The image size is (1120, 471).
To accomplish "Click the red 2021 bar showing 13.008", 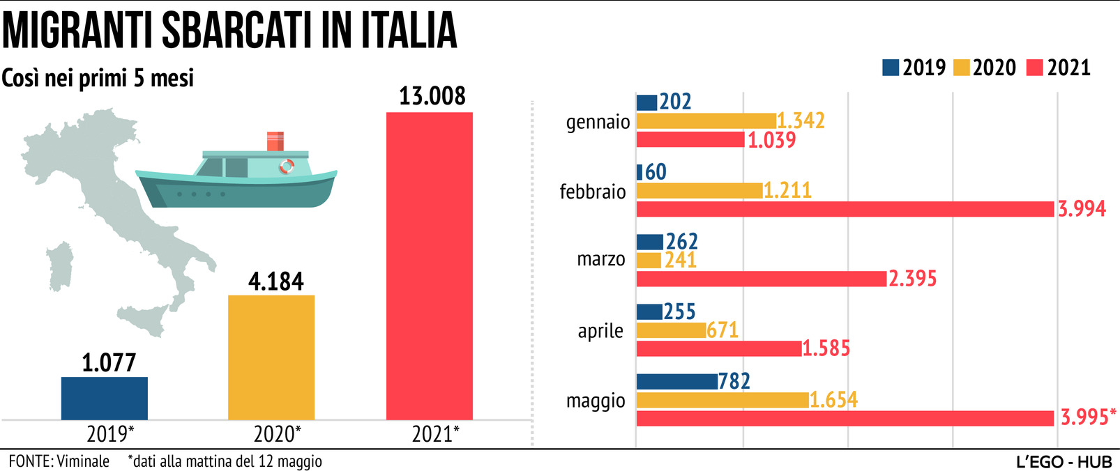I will (429, 265).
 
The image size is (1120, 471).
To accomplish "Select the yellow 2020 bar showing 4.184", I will (271, 357).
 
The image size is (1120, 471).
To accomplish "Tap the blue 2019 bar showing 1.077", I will (105, 398).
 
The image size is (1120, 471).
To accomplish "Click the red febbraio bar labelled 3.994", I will (845, 209).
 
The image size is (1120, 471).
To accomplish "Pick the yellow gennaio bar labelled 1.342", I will (706, 121).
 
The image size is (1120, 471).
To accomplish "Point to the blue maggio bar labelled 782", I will (676, 381).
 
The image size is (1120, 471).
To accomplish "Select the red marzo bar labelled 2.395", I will (761, 279).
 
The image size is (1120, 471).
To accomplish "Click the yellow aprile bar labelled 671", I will (671, 330).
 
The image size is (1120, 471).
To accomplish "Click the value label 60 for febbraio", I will (656, 171).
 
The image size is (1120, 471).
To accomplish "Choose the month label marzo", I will (601, 259).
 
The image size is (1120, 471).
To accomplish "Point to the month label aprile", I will (600, 330).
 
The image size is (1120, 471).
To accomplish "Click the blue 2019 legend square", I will (890, 68).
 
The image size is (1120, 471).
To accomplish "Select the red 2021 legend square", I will (1034, 68).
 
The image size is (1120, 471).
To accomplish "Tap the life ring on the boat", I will (287, 167).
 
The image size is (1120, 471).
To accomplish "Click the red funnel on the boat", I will (275, 141).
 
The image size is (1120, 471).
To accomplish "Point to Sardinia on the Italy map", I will (61, 265).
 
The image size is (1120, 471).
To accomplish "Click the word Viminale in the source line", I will (83, 461).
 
